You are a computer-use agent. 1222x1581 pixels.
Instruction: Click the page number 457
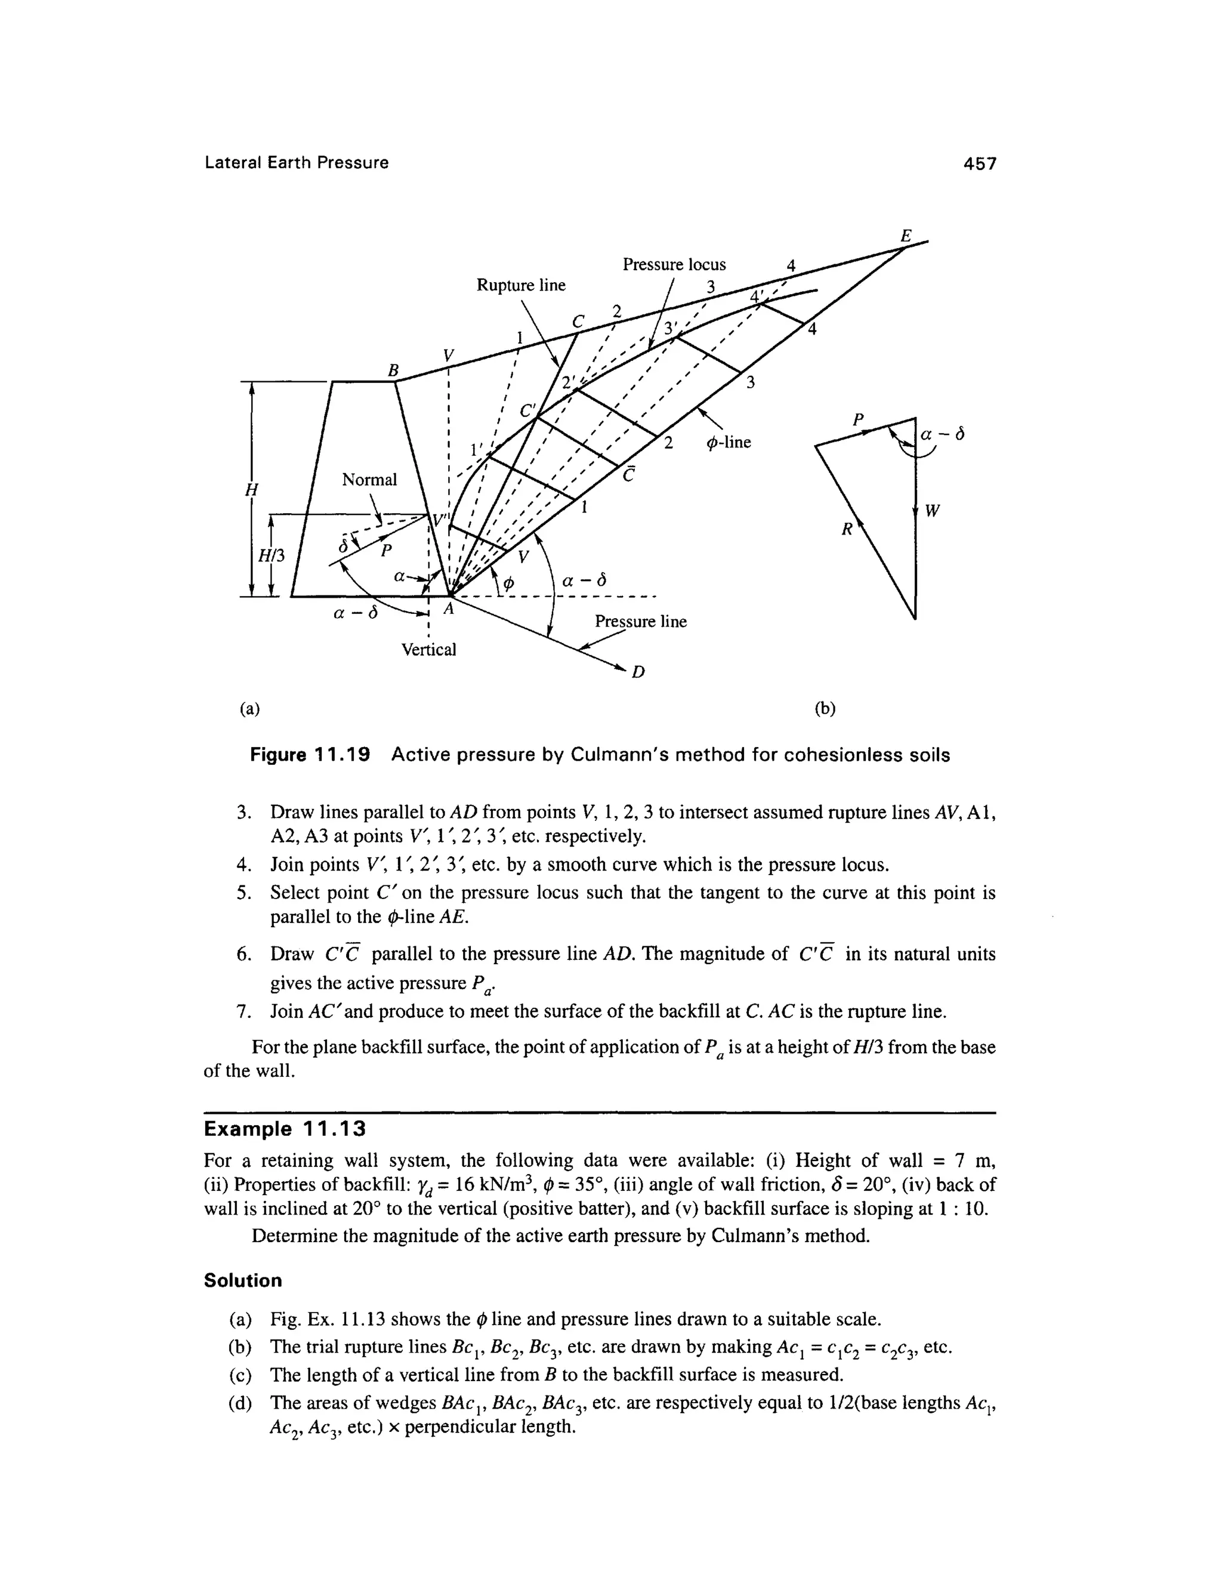980,163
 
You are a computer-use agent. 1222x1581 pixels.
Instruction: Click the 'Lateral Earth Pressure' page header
297,163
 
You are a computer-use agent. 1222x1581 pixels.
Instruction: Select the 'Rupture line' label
520,285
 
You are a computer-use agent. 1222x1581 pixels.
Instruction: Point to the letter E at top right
905,236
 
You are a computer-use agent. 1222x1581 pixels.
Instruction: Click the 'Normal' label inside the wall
369,480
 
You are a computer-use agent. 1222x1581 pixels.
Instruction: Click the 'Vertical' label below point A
428,649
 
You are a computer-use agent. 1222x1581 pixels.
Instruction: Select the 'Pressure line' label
640,622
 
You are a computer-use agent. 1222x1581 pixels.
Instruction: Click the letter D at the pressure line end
638,673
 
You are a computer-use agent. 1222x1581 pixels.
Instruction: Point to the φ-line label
729,441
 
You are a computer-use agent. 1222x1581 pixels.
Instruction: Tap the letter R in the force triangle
845,530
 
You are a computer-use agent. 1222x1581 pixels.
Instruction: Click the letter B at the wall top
393,370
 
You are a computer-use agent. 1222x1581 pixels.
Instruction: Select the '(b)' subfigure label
825,709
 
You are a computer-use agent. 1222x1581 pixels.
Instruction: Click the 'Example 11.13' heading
285,1129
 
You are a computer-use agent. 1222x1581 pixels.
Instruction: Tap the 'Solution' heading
242,1280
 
